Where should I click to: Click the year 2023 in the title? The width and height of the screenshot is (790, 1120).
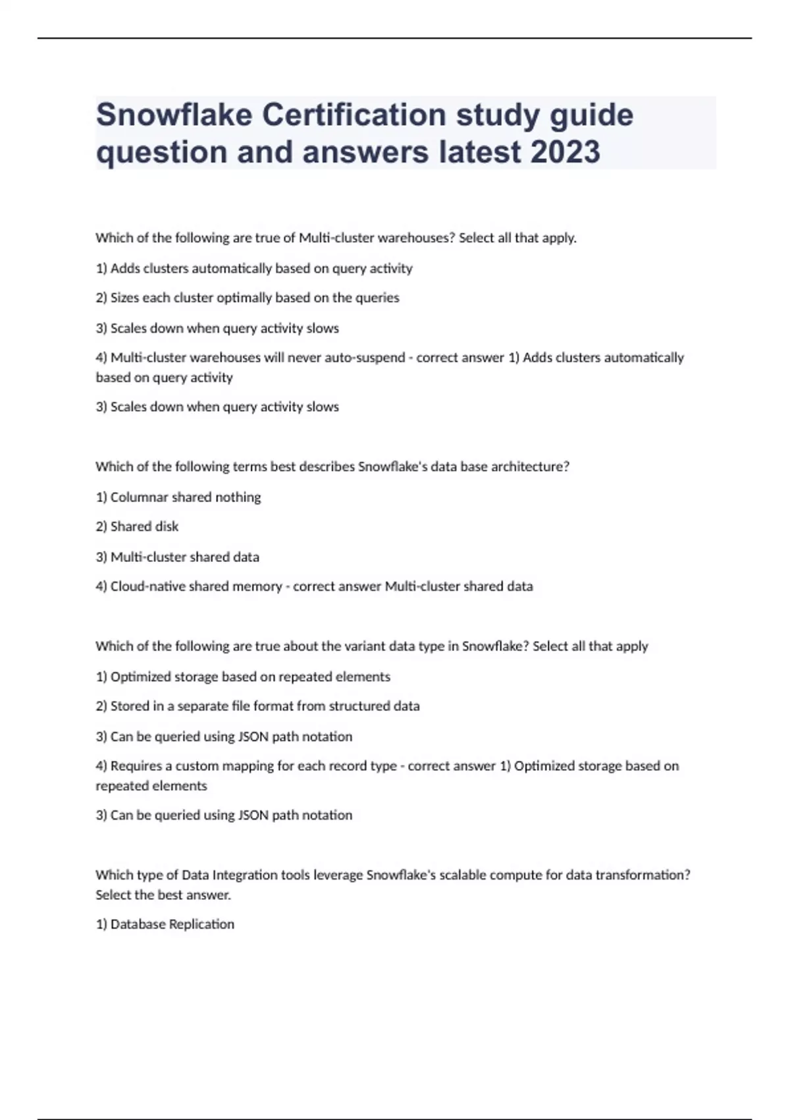point(565,152)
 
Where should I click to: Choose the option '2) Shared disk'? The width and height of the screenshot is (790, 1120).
point(137,526)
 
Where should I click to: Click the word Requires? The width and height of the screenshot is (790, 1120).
point(136,766)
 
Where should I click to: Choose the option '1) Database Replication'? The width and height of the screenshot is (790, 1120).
point(165,924)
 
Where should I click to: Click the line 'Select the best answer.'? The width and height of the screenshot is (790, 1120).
point(163,895)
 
